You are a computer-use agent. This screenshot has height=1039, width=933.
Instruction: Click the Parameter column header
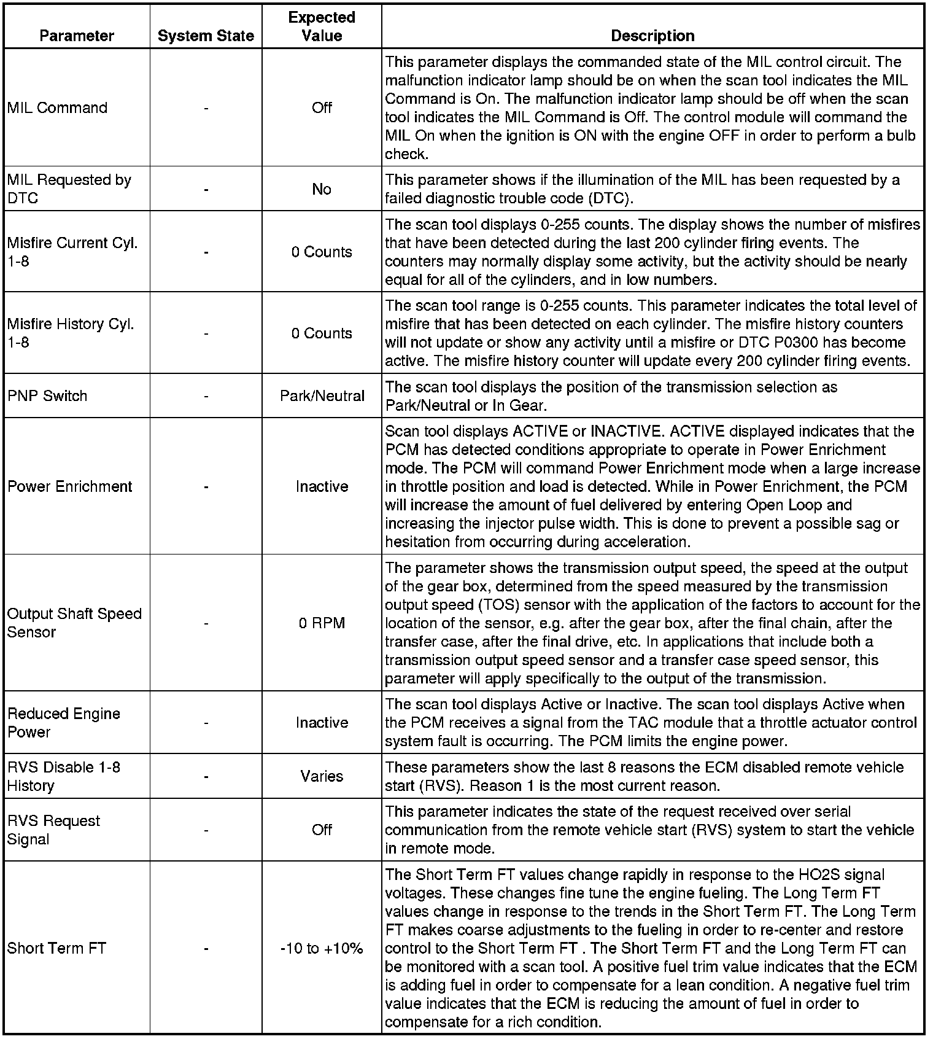[77, 36]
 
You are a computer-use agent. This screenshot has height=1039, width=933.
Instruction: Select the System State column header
[206, 36]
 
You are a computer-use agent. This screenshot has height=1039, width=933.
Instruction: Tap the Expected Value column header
[322, 26]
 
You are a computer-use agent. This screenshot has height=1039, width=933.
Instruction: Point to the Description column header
[652, 36]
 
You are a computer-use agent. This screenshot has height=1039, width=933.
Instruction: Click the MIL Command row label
[57, 107]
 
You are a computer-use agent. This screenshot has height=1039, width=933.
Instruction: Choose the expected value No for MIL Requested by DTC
[322, 189]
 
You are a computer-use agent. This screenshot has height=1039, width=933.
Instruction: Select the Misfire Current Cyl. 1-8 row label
[72, 252]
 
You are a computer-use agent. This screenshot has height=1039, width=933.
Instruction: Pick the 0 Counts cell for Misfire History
[322, 333]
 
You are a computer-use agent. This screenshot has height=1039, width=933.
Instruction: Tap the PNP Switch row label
[47, 396]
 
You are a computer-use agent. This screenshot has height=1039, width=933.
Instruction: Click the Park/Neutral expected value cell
[322, 396]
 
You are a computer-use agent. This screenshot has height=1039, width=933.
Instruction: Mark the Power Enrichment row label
[69, 486]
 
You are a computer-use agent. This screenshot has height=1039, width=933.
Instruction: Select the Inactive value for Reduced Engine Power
[322, 723]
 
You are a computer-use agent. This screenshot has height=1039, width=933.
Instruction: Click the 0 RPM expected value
[322, 623]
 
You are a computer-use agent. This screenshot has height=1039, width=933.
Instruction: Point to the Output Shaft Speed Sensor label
[74, 623]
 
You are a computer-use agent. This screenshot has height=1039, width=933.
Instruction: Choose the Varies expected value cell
[322, 776]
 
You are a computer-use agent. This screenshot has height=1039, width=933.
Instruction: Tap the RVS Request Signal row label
[53, 830]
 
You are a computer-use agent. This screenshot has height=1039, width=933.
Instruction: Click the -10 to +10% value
[322, 949]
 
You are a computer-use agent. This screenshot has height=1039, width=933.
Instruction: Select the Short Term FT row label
[56, 949]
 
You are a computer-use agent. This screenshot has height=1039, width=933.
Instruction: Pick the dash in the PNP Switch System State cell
[206, 397]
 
